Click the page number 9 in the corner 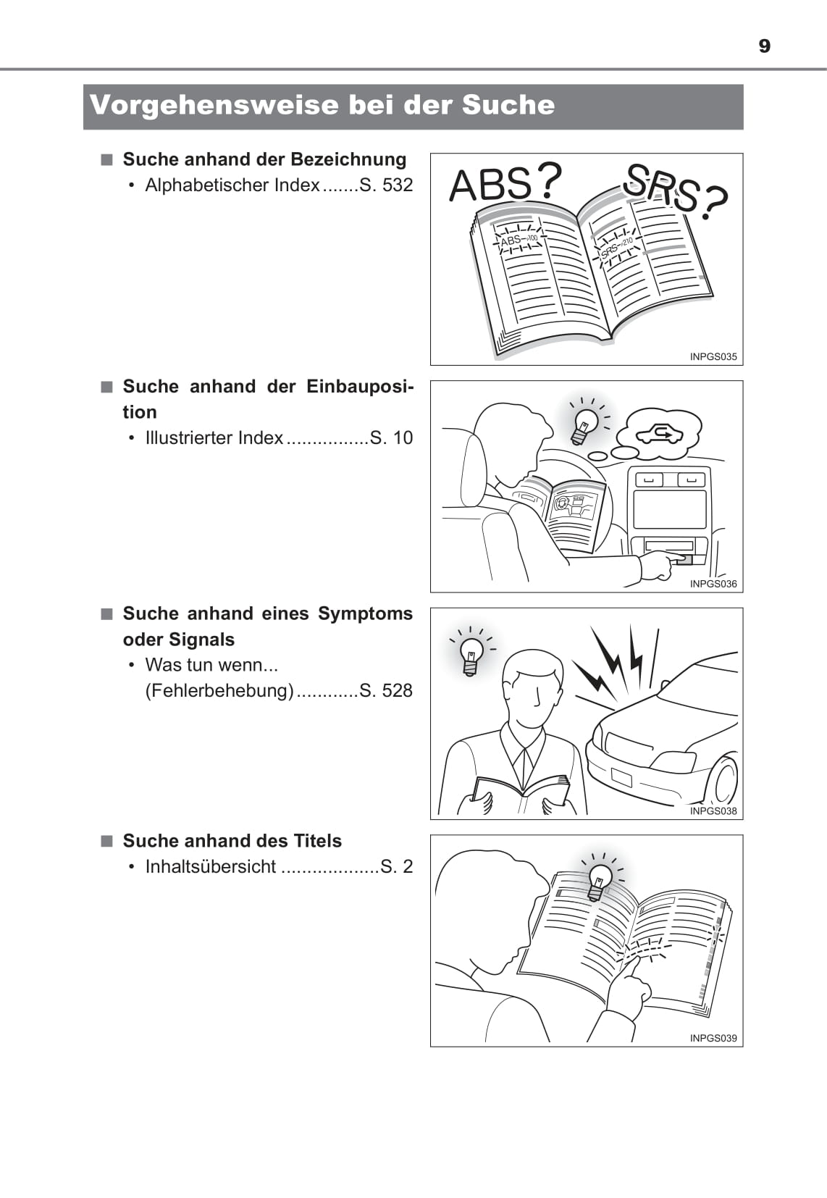click(x=765, y=46)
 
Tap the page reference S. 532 click(x=386, y=185)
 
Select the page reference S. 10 click(x=391, y=438)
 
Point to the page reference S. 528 click(x=386, y=690)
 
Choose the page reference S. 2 click(x=397, y=866)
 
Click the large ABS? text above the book click(x=505, y=183)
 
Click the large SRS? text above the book click(x=675, y=191)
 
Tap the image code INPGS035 click(x=713, y=357)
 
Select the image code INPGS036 click(x=713, y=584)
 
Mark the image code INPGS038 click(x=713, y=811)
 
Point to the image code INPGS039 click(x=713, y=1038)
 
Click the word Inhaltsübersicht click(x=211, y=866)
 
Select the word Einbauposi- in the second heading click(x=360, y=387)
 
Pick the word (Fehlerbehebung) click(x=219, y=690)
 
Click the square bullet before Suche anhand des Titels click(x=107, y=841)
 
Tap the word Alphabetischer click(x=206, y=185)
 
